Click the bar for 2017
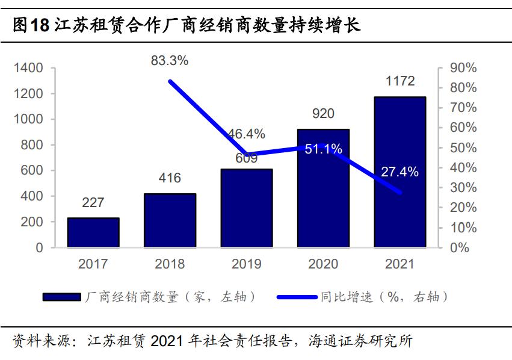point(93,232)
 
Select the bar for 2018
point(170,220)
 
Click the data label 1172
point(400,81)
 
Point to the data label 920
point(323,114)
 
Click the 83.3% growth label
point(170,60)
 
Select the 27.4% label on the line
point(399,172)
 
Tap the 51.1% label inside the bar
point(323,149)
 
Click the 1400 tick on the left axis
point(28,69)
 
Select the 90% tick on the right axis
point(463,69)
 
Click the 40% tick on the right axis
point(463,168)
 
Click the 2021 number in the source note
point(166,341)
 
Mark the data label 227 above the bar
point(93,203)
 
